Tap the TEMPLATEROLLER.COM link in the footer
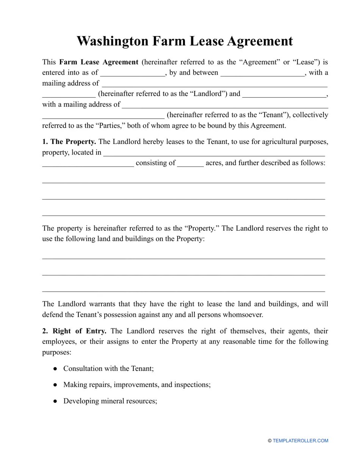(300, 441)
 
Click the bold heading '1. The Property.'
(69, 142)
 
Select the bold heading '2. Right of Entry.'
(74, 331)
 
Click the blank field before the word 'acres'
(191, 164)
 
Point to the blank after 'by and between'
(263, 73)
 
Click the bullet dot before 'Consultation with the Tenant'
(55, 369)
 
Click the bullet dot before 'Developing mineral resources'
(55, 401)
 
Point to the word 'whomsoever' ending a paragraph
(243, 315)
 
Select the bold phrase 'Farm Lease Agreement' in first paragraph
(99, 62)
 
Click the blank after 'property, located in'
(214, 153)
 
